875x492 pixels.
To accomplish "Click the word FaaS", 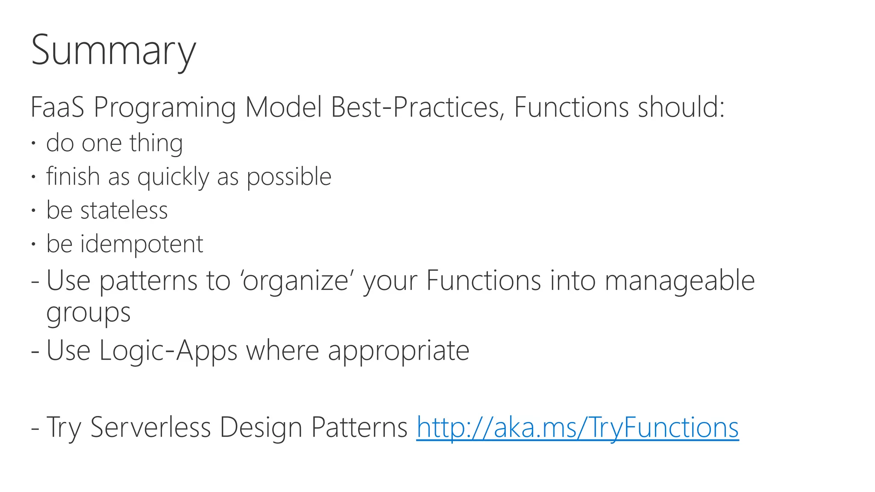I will pos(57,107).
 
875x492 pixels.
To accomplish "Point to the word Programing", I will pos(164,108).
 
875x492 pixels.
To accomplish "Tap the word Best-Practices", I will pos(415,107).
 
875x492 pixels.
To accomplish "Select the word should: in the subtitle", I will pos(681,107).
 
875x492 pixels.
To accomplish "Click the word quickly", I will pos(173,177).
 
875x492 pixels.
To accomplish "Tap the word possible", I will pos(289,177).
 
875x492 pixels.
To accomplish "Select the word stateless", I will pos(124,210).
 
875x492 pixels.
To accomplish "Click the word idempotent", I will pos(141,244).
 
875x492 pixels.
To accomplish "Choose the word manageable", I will pos(680,281).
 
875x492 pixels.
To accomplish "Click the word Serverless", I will pos(150,427).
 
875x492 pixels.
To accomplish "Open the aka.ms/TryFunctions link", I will pos(577,428).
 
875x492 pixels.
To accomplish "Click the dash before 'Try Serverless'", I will pos(35,428).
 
